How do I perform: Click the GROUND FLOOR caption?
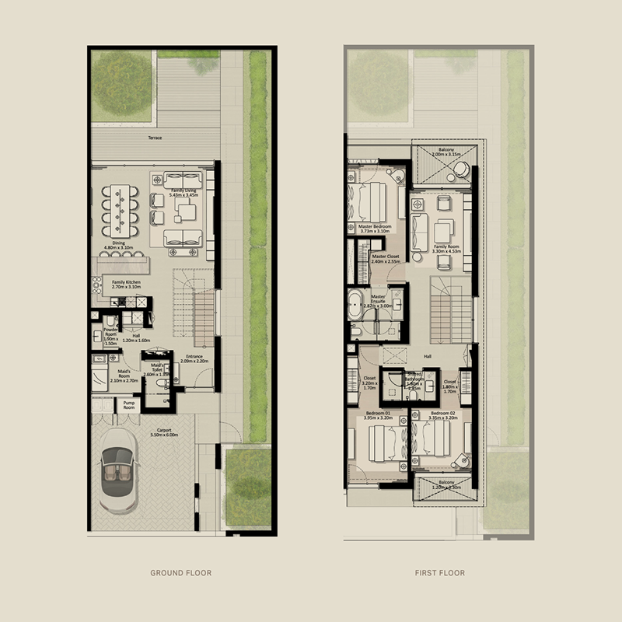180,573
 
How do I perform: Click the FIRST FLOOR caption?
440,573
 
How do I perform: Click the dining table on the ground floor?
124,208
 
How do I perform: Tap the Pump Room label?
128,404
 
